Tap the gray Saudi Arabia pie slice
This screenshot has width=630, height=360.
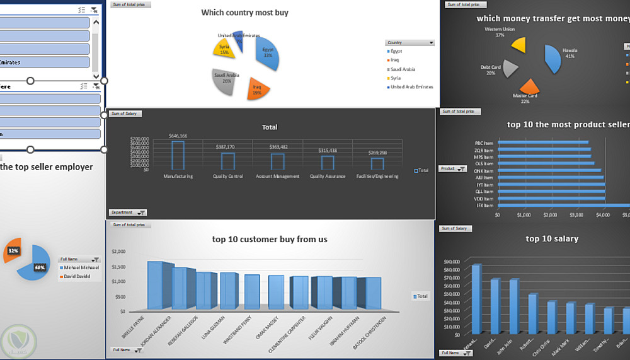pos(224,82)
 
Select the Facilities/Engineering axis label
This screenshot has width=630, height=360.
pos(377,177)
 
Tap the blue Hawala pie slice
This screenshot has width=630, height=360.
pos(553,60)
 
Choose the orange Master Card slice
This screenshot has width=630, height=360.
pos(529,87)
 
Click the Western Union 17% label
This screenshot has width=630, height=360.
pos(500,32)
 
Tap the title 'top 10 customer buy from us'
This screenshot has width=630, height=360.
pos(269,240)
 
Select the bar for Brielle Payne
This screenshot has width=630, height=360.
pos(155,286)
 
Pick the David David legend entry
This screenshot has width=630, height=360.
pos(77,276)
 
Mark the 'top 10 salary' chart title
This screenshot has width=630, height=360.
pos(552,239)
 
